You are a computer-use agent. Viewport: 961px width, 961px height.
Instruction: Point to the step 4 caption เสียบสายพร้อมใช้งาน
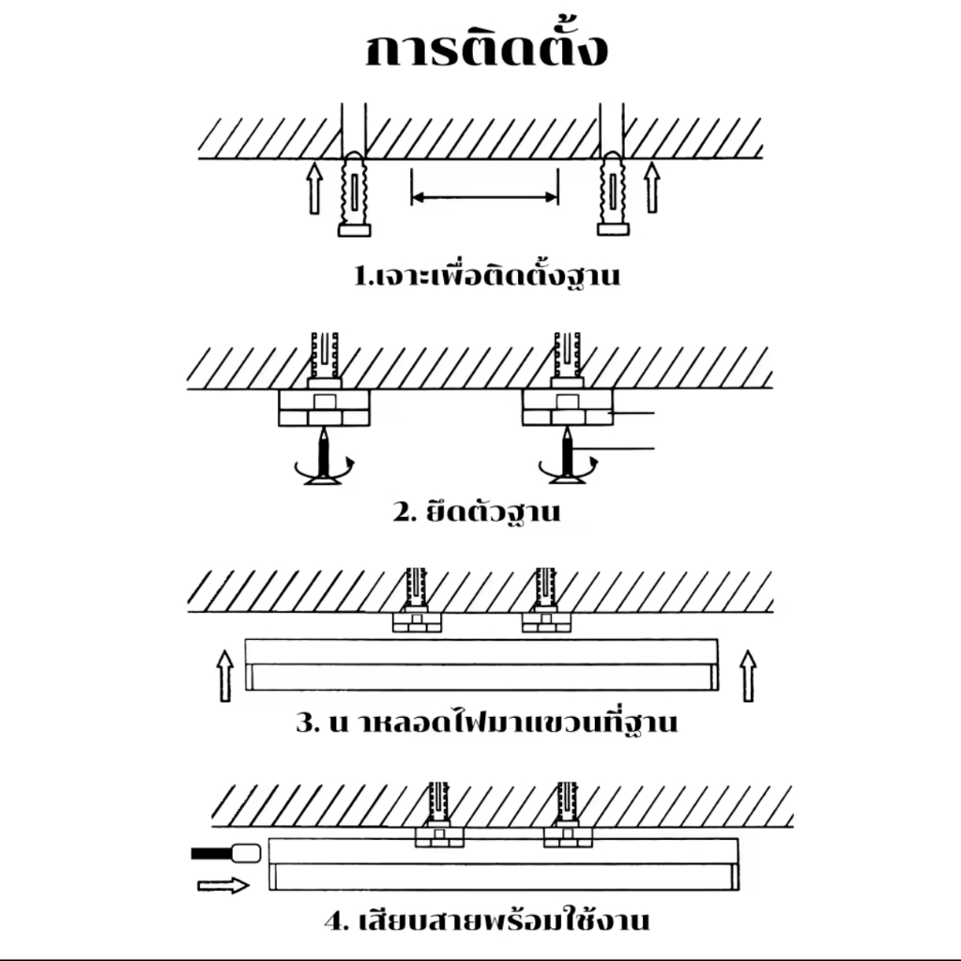click(x=487, y=920)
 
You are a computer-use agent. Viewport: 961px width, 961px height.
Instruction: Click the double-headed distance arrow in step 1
click(x=485, y=197)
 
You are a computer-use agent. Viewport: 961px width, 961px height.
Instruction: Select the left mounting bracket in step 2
click(x=324, y=408)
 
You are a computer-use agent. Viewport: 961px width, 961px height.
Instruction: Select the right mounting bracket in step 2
click(x=568, y=408)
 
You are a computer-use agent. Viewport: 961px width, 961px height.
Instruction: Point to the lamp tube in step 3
click(x=480, y=664)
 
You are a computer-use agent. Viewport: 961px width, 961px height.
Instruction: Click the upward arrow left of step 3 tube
click(x=224, y=673)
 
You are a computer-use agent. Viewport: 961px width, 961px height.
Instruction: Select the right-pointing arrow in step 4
click(x=223, y=884)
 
